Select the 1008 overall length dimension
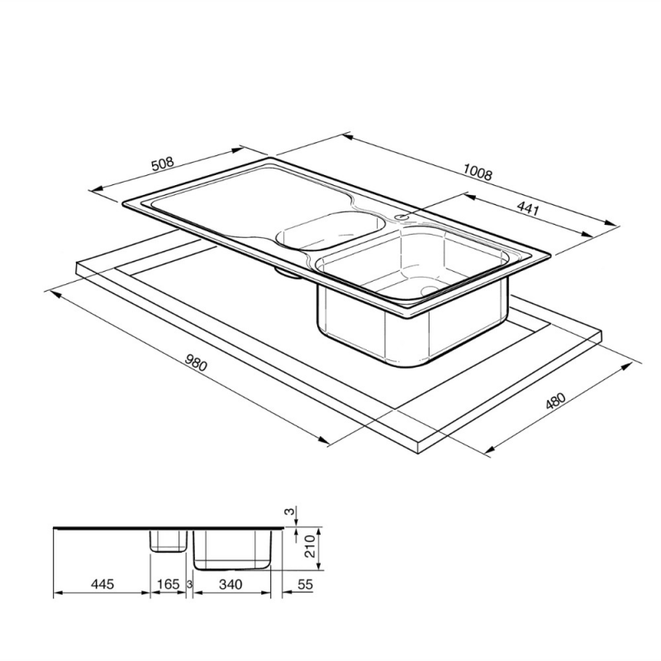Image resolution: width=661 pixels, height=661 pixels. pos(478,173)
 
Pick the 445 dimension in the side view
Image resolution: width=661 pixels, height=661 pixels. pos(101,585)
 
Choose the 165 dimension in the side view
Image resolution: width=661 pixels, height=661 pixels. pos(168,585)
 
